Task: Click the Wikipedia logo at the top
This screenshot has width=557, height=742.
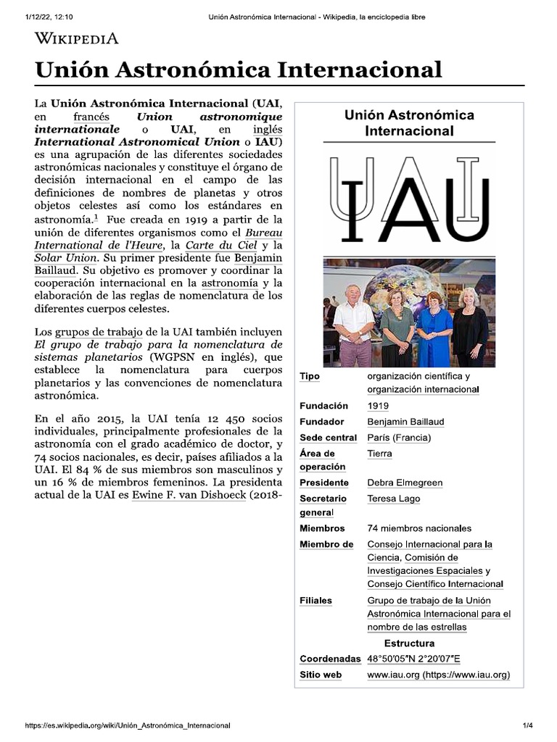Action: pyautogui.click(x=77, y=38)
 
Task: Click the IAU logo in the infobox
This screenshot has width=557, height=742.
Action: pyautogui.click(x=409, y=199)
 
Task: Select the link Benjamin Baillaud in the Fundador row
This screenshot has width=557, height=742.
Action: pyautogui.click(x=405, y=422)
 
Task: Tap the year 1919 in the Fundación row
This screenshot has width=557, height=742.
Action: pyautogui.click(x=378, y=406)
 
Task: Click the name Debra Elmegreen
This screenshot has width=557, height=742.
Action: pyautogui.click(x=405, y=483)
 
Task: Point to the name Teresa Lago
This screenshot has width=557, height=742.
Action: pyautogui.click(x=393, y=499)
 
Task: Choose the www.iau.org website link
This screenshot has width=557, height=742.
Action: pyautogui.click(x=438, y=675)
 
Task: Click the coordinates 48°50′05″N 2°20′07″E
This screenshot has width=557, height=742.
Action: pyautogui.click(x=413, y=659)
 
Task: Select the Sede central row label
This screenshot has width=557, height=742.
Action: pyautogui.click(x=328, y=438)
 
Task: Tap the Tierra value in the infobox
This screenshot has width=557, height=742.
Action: pyautogui.click(x=379, y=454)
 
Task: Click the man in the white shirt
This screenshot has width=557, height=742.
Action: pyautogui.click(x=353, y=325)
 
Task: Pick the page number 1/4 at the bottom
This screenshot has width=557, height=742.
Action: pyautogui.click(x=527, y=725)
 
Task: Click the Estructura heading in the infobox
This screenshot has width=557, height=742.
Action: pyautogui.click(x=409, y=643)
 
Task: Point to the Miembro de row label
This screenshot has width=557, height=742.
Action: pyautogui.click(x=326, y=544)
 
